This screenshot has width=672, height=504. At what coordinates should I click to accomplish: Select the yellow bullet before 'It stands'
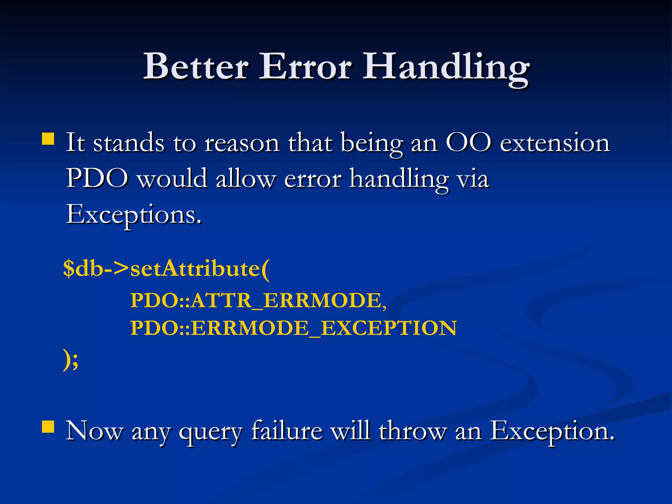click(48, 139)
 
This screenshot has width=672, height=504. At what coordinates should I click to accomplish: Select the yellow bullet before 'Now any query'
click(48, 427)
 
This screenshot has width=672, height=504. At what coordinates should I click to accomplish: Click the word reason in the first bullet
click(242, 143)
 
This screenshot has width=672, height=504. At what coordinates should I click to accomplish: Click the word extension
click(555, 143)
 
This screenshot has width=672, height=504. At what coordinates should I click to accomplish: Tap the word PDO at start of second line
click(97, 179)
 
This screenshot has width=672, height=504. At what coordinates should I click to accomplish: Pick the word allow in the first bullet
click(245, 179)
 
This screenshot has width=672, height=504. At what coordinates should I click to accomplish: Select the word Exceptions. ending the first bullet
click(134, 215)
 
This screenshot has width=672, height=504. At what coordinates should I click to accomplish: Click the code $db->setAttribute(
click(166, 269)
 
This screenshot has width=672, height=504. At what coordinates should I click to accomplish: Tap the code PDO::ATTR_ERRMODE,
click(258, 300)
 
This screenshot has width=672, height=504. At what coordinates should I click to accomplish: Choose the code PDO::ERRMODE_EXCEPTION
click(293, 328)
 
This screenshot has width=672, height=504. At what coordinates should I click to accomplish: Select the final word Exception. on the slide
click(552, 431)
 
